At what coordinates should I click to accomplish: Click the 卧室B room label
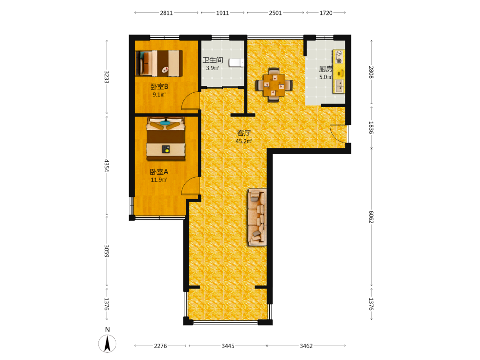click(159, 86)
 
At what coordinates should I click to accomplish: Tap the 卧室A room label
click(159, 172)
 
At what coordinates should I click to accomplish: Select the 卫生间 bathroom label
click(213, 60)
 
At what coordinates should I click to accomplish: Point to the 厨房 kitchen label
click(326, 69)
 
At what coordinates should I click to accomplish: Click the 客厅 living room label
click(244, 133)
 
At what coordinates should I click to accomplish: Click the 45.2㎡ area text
click(244, 141)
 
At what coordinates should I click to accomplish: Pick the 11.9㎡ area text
click(159, 180)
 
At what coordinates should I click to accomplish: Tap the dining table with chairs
click(274, 85)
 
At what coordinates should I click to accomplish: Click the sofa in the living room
click(257, 217)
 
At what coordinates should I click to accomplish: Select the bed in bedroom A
click(166, 138)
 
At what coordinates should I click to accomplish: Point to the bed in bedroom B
click(159, 63)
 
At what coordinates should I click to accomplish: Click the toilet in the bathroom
click(237, 62)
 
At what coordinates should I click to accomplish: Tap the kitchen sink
click(339, 86)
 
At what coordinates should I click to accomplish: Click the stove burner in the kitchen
click(339, 57)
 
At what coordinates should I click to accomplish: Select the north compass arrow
click(108, 344)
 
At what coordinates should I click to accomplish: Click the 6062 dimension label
click(372, 217)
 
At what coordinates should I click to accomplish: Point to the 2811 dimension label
click(166, 13)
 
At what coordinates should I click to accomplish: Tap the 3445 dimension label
click(228, 346)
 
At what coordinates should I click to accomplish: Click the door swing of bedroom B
click(190, 101)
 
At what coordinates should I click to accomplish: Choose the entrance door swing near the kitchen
click(339, 133)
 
